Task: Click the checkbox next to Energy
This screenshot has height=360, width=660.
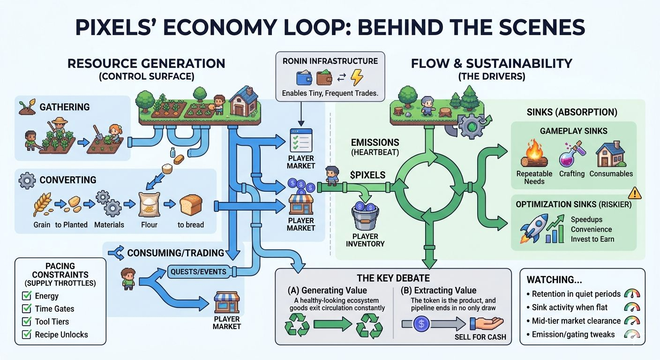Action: pos(27,296)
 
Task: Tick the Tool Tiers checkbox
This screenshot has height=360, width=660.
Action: pos(27,322)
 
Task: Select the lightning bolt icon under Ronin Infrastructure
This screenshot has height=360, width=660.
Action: pos(357,78)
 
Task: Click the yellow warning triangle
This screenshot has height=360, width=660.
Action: pos(635,192)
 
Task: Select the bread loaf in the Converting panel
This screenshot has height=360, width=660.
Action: pos(190,205)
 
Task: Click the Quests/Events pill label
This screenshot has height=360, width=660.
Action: pos(198,271)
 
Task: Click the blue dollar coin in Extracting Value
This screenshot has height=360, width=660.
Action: pos(421,323)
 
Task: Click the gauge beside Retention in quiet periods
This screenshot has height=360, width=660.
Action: pos(633,294)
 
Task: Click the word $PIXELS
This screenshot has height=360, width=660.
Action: pos(367,175)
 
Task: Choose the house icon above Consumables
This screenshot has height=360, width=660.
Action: pos(610,156)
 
